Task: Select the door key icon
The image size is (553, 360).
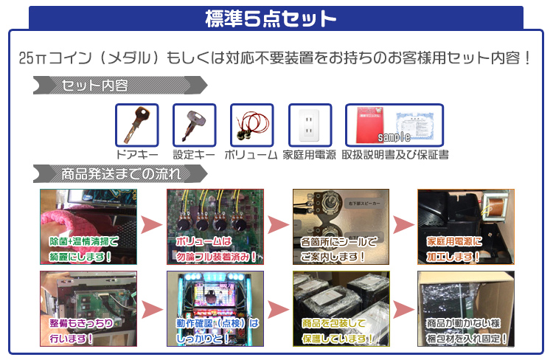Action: click(136, 125)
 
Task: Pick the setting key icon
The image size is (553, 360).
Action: click(194, 125)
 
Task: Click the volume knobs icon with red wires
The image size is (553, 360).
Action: click(251, 125)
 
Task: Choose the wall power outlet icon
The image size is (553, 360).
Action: click(309, 125)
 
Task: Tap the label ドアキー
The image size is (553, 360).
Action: click(137, 156)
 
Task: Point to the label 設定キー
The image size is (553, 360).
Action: click(194, 156)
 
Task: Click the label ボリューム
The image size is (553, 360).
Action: click(251, 156)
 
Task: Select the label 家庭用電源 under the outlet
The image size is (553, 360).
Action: click(309, 156)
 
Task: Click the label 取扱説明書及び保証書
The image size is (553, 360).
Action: click(395, 156)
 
